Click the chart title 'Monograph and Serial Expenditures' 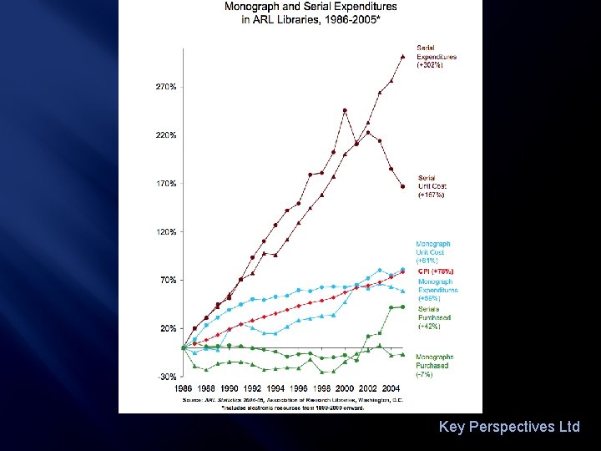point(311,8)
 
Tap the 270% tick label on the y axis point(164,87)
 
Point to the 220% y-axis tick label point(164,135)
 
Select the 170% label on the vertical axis point(164,184)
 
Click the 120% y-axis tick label point(164,232)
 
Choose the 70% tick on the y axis point(166,281)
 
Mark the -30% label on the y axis point(165,377)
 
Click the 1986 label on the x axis point(183,388)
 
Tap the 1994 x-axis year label point(275,388)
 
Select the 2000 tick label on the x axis point(345,388)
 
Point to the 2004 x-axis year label point(391,388)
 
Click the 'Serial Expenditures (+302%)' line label point(436,57)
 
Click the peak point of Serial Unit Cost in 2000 point(345,110)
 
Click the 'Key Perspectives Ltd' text point(509,427)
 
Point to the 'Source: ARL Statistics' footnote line point(292,400)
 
